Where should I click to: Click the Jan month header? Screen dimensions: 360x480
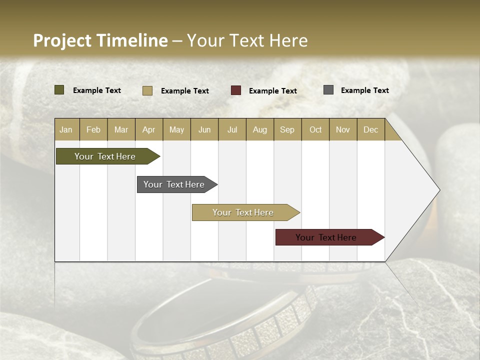click(66, 129)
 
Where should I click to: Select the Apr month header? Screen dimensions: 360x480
click(148, 129)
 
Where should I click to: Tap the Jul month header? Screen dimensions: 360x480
click(232, 129)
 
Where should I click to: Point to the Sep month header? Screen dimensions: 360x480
click(287, 129)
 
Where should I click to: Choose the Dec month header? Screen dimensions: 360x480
click(370, 129)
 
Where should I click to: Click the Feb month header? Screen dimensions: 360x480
click(93, 129)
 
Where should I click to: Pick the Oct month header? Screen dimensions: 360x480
click(315, 129)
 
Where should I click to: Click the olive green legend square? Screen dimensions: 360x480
click(59, 90)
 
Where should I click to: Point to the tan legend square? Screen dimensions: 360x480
click(147, 90)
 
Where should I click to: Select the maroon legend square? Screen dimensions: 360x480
click(236, 90)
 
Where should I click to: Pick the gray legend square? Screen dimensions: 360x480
click(328, 90)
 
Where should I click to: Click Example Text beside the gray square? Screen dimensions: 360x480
click(364, 90)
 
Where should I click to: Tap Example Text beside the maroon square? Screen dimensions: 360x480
click(272, 90)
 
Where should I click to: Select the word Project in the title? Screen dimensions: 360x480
click(62, 40)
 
